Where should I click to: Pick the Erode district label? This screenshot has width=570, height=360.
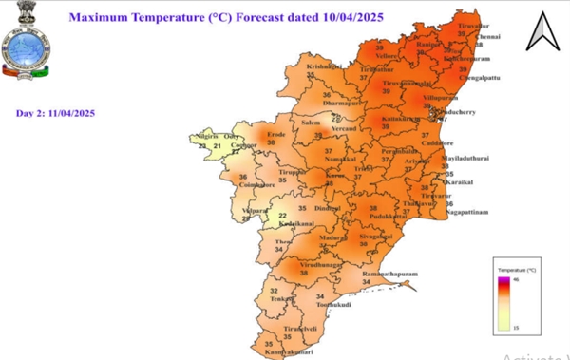275,135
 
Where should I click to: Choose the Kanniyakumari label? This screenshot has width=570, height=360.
288,351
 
